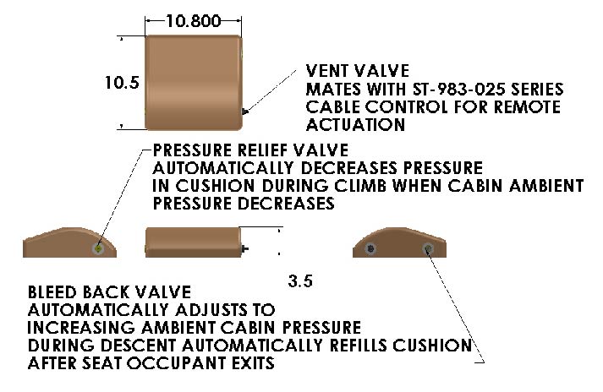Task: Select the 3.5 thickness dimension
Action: point(300,282)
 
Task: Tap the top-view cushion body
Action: point(194,82)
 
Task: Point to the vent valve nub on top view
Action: point(244,111)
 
